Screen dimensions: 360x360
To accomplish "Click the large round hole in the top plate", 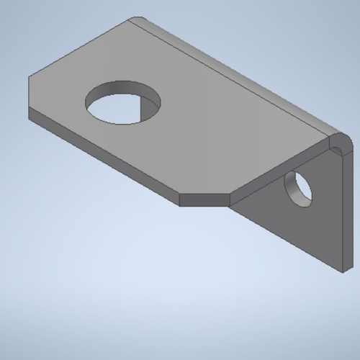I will (x=122, y=104).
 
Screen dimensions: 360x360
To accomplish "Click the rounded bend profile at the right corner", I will (x=339, y=140).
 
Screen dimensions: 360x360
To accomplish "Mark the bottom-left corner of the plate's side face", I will (x=28, y=120).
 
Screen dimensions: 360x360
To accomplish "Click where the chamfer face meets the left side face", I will (x=179, y=199).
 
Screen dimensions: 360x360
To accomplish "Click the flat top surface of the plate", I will (x=202, y=130).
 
